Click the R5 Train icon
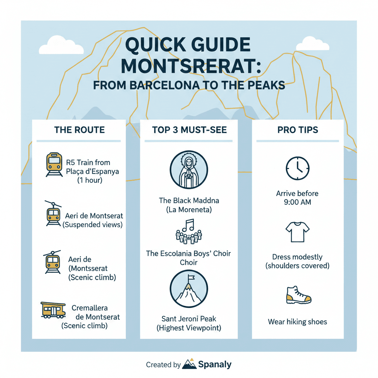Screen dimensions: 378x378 54,165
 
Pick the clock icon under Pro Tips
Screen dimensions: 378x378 298,169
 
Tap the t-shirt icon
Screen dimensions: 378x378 298,232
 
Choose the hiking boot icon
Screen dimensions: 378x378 298,295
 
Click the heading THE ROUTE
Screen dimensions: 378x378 79,130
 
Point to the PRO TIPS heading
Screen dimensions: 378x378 298,130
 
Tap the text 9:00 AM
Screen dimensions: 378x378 298,202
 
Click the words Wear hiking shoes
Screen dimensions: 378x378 298,322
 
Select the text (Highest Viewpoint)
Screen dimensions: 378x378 189,327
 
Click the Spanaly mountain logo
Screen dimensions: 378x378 190,364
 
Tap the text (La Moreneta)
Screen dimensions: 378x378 189,210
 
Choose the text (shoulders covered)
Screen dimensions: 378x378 298,266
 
